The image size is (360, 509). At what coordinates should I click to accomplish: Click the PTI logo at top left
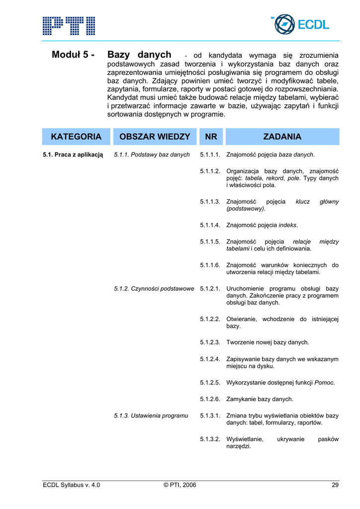point(69,25)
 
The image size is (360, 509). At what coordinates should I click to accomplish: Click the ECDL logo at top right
point(301,24)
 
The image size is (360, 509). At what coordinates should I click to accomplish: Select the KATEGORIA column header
point(76,137)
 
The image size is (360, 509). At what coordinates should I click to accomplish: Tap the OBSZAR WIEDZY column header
point(155,137)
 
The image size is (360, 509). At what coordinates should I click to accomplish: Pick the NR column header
point(211,137)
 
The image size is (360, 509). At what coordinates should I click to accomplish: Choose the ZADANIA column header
point(282,137)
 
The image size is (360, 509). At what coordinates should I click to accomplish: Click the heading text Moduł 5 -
point(73,55)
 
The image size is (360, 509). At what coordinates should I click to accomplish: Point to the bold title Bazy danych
point(139,55)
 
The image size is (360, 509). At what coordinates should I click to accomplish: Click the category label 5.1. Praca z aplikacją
point(73,155)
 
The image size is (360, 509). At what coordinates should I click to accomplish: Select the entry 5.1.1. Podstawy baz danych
point(152,155)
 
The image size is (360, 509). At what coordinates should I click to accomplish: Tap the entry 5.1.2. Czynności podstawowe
point(154,289)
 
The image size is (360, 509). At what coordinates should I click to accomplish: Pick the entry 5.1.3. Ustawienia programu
point(151,416)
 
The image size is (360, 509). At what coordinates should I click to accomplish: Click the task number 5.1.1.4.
point(210,225)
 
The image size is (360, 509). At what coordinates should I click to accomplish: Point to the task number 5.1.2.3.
point(210,342)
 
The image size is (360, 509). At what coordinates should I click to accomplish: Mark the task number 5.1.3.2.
point(210,439)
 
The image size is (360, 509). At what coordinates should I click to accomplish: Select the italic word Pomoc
point(324,383)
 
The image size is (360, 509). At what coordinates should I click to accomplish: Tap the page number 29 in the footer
point(335,485)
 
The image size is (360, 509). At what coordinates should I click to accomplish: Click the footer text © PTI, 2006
point(180,485)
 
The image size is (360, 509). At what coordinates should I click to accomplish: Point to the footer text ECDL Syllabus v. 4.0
point(72,485)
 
